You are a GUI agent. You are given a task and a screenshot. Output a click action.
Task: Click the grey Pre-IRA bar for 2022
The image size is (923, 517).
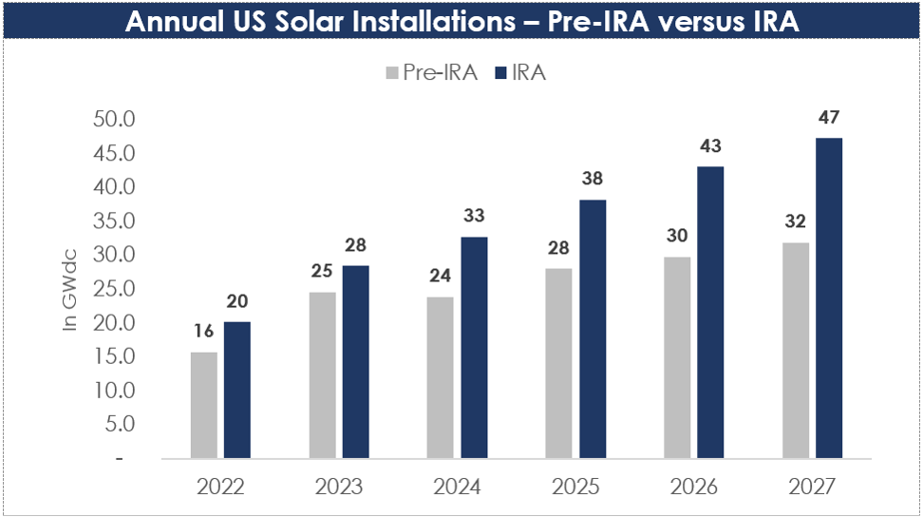(x=204, y=406)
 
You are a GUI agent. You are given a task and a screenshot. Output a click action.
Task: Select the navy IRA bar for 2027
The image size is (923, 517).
(x=829, y=298)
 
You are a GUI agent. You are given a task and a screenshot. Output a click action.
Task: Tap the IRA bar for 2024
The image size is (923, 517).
(x=474, y=348)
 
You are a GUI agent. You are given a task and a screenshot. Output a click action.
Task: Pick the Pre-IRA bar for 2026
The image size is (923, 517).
(x=677, y=357)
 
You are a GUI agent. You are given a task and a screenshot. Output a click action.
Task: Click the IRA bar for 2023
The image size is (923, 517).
(x=355, y=362)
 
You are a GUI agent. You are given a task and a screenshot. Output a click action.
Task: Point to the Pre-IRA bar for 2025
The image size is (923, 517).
(x=558, y=364)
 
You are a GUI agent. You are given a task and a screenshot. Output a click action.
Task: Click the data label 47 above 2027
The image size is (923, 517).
(x=829, y=118)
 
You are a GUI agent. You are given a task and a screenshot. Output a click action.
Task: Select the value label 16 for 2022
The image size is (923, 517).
(x=204, y=333)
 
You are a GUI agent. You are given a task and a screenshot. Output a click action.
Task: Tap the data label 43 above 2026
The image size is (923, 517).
(x=710, y=146)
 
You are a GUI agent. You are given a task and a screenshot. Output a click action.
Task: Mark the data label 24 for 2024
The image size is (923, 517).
(x=440, y=278)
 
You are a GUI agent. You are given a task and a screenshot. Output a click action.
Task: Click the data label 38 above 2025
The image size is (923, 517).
(x=592, y=179)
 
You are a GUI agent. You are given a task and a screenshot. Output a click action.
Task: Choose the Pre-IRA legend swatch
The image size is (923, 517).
(x=390, y=73)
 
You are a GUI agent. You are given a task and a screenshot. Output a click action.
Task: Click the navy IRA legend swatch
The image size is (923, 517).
(x=499, y=73)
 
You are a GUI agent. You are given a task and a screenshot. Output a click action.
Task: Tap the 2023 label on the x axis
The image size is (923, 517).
(x=339, y=487)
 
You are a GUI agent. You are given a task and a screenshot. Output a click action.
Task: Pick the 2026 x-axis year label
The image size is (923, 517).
(x=694, y=487)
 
